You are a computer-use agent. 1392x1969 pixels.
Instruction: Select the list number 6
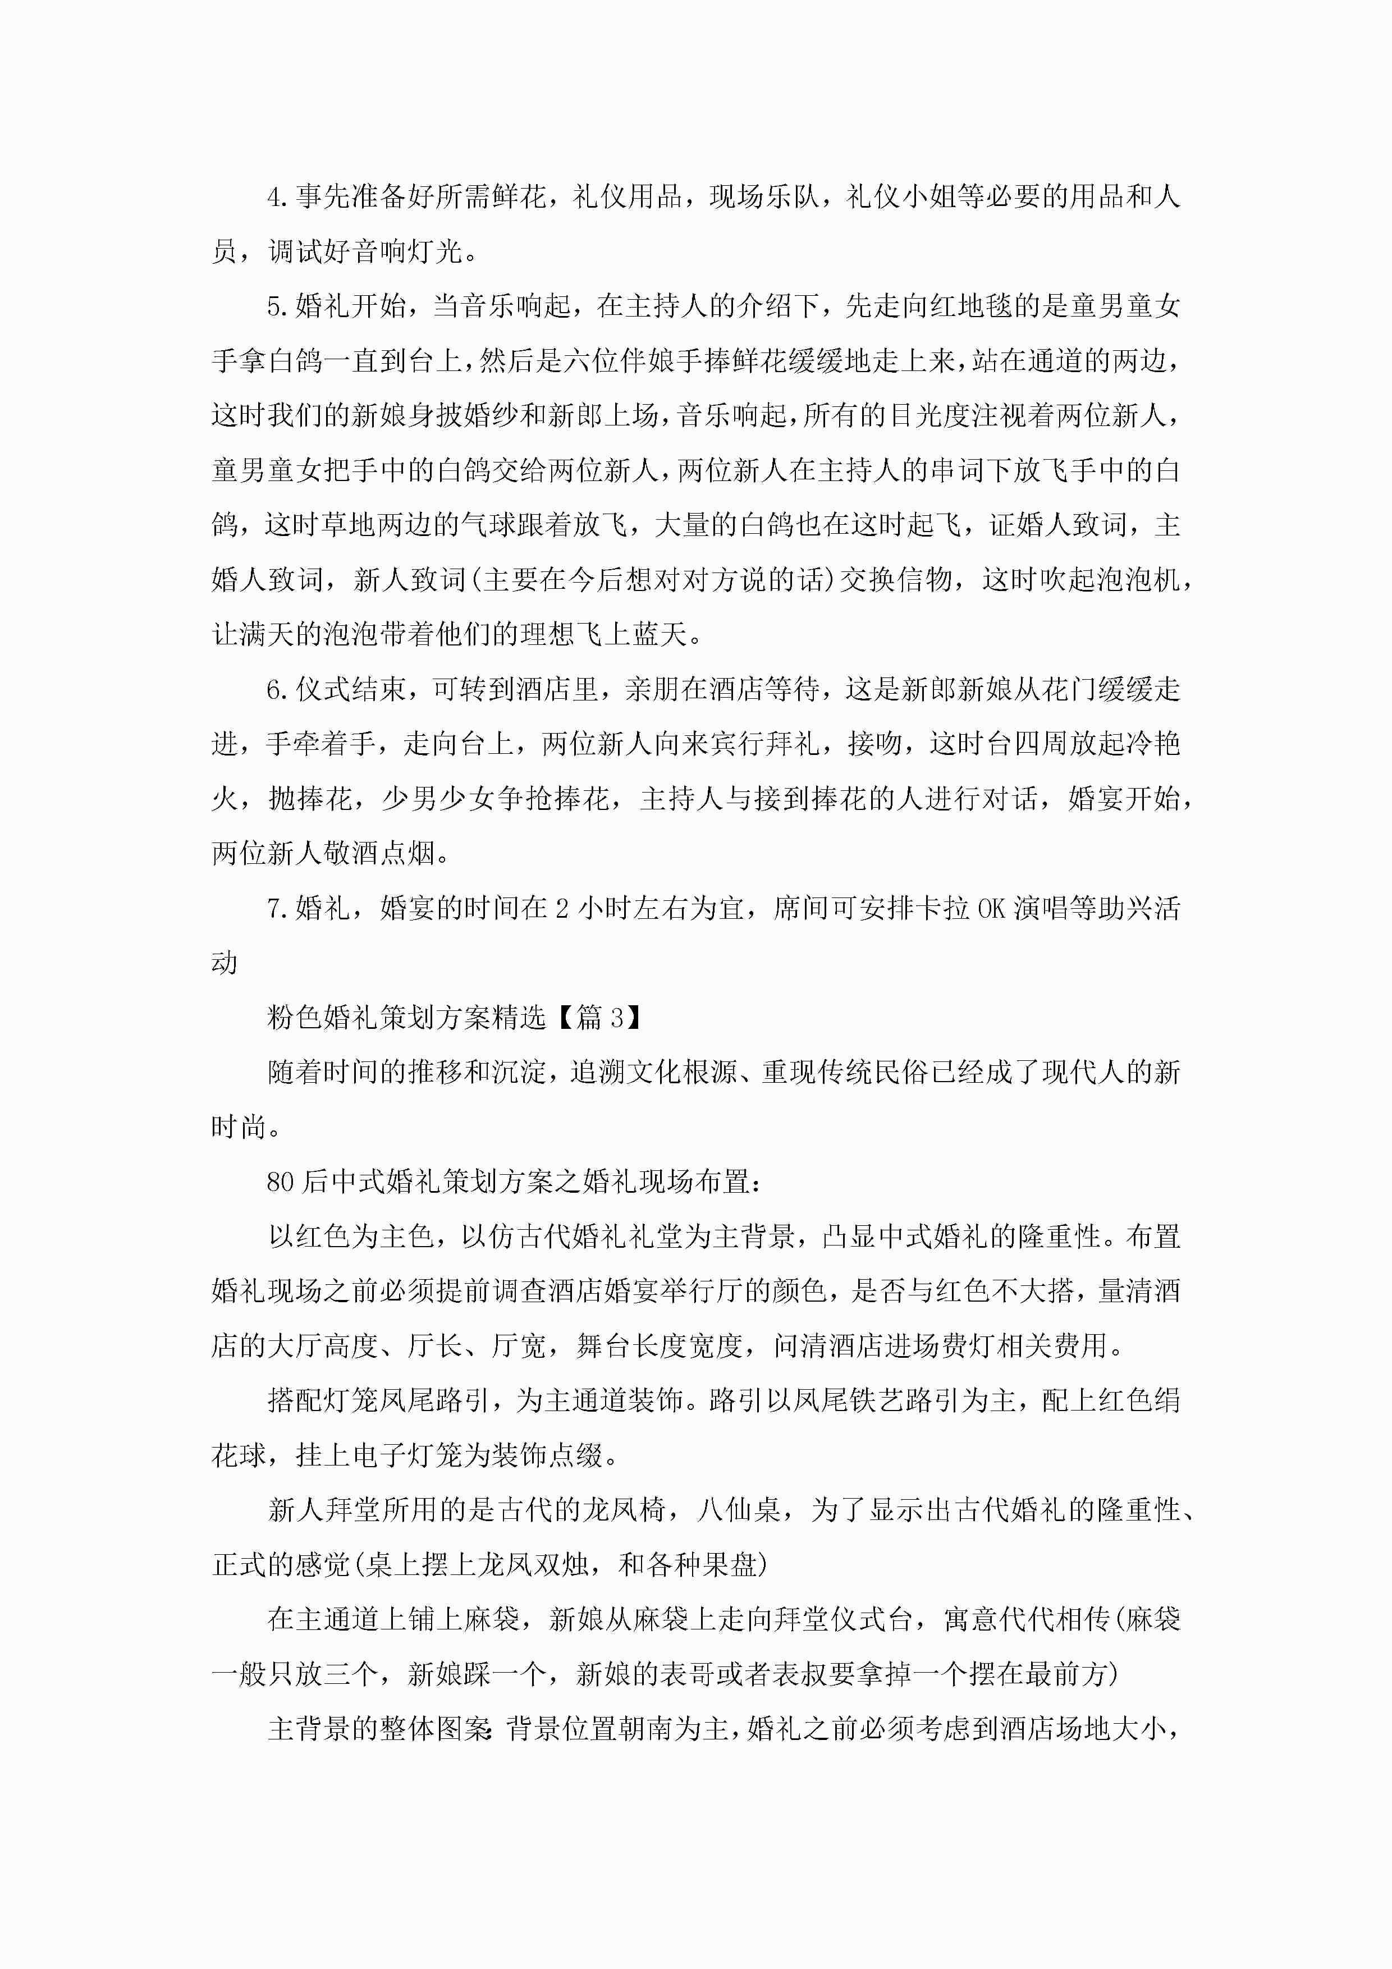[x=274, y=690]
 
